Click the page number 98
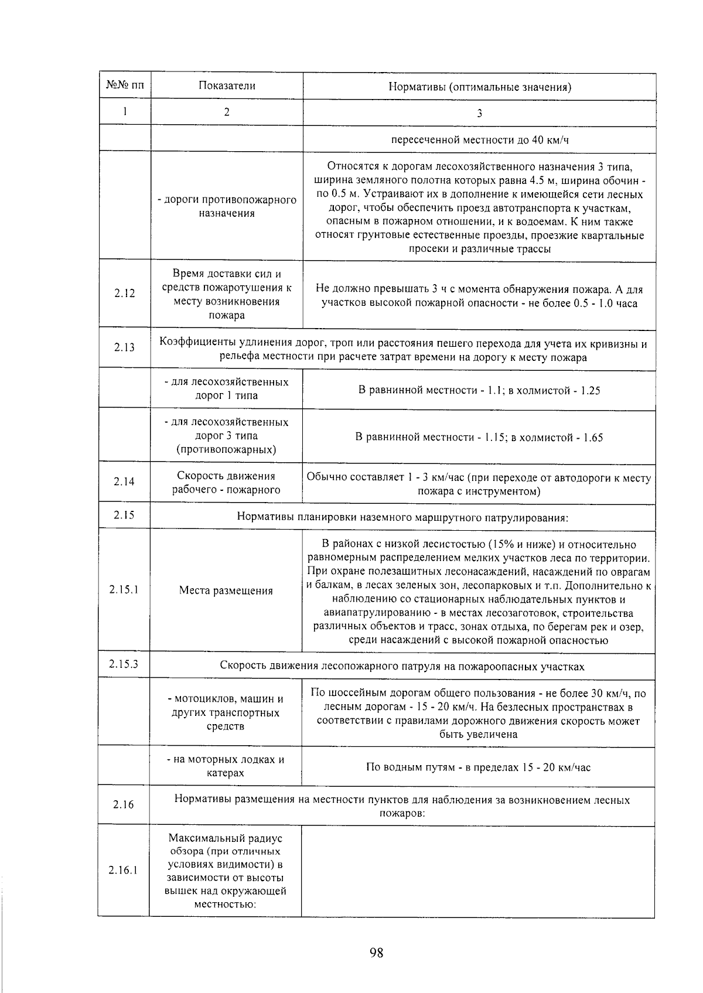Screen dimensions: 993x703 click(376, 953)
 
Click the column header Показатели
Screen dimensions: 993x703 click(227, 86)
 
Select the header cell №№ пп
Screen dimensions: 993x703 click(124, 86)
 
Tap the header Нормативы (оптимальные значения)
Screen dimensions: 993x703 click(479, 87)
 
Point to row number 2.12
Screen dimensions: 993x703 click(124, 294)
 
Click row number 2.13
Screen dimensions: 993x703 click(124, 347)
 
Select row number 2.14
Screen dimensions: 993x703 click(124, 482)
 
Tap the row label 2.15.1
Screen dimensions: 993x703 click(124, 589)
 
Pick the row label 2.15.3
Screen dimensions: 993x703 click(124, 664)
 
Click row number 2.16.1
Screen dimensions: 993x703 click(123, 870)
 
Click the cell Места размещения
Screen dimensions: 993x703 click(226, 591)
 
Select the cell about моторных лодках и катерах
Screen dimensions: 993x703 click(226, 766)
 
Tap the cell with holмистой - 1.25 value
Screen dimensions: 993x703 click(479, 390)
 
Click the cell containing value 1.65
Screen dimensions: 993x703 click(479, 437)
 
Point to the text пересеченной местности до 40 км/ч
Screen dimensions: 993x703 click(479, 140)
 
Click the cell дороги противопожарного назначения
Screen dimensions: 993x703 click(227, 206)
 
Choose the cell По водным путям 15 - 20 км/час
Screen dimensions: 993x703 click(478, 767)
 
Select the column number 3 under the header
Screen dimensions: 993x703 click(479, 113)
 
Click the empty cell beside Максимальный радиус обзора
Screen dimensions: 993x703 click(478, 871)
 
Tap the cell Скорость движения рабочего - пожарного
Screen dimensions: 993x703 click(226, 483)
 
